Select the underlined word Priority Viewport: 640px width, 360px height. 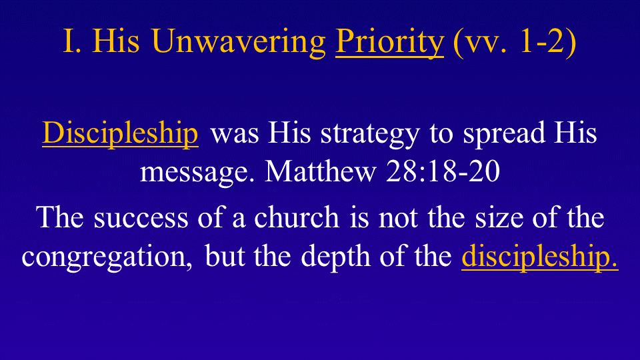point(389,43)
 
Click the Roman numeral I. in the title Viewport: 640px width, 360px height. point(72,41)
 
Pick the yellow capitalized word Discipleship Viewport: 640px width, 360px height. point(121,133)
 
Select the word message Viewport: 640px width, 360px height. point(197,172)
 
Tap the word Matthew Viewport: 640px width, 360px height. point(320,170)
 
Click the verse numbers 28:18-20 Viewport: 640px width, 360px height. point(443,170)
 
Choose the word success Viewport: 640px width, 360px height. point(141,218)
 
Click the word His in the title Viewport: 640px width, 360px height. point(116,41)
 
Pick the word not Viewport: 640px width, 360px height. point(398,218)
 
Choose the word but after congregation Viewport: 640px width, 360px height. point(224,256)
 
